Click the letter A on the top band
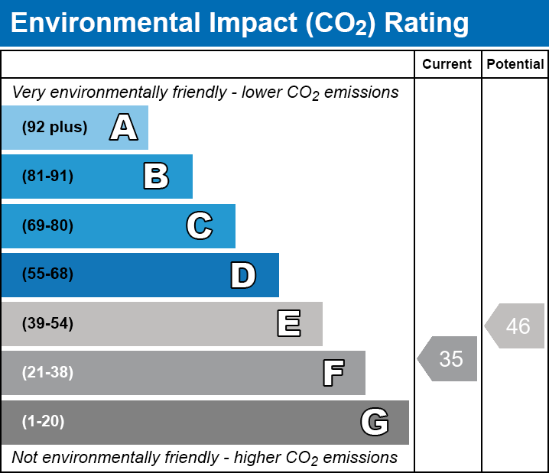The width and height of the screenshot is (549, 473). pyautogui.click(x=124, y=128)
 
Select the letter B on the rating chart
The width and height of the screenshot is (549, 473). pyautogui.click(x=156, y=177)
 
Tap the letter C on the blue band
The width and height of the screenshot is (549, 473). pyautogui.click(x=200, y=225)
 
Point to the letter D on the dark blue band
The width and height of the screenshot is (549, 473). pyautogui.click(x=243, y=275)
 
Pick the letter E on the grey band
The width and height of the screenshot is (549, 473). pyautogui.click(x=288, y=324)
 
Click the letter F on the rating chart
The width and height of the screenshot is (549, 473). pyautogui.click(x=333, y=373)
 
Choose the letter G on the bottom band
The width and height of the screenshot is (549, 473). pyautogui.click(x=375, y=422)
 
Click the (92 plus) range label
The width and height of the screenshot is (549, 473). pyautogui.click(x=54, y=128)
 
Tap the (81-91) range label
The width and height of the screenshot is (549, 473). pyautogui.click(x=47, y=177)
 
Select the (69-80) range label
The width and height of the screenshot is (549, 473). pyautogui.click(x=47, y=225)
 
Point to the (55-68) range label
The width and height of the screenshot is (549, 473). pyautogui.click(x=47, y=274)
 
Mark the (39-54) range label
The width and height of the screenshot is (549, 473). pyautogui.click(x=47, y=324)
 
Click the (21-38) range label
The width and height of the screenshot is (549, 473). pyautogui.click(x=47, y=373)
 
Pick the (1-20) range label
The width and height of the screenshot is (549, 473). pyautogui.click(x=44, y=422)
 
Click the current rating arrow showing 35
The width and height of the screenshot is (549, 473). pyautogui.click(x=448, y=358)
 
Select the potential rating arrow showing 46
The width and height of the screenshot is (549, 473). pyautogui.click(x=515, y=326)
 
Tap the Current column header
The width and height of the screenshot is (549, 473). pyautogui.click(x=447, y=65)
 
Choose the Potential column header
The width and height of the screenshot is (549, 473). pyautogui.click(x=515, y=65)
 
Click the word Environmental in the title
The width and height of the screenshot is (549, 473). pyautogui.click(x=106, y=23)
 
